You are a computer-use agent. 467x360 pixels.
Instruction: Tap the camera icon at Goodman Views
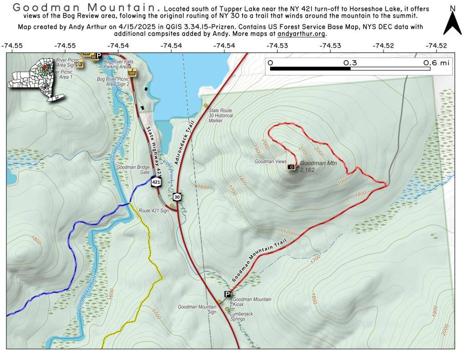291,167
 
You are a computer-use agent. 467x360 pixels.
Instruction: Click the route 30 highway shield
177,197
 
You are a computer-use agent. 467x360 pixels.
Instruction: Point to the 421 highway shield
156,182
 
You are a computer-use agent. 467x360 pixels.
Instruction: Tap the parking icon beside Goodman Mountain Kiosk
227,294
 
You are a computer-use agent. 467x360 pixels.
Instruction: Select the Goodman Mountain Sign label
197,309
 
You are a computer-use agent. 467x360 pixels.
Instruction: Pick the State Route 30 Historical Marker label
220,116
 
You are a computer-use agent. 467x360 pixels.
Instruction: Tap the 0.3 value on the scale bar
350,63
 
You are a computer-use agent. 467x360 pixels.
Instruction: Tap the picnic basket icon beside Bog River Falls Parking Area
133,72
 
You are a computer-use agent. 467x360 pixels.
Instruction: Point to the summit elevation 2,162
307,170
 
